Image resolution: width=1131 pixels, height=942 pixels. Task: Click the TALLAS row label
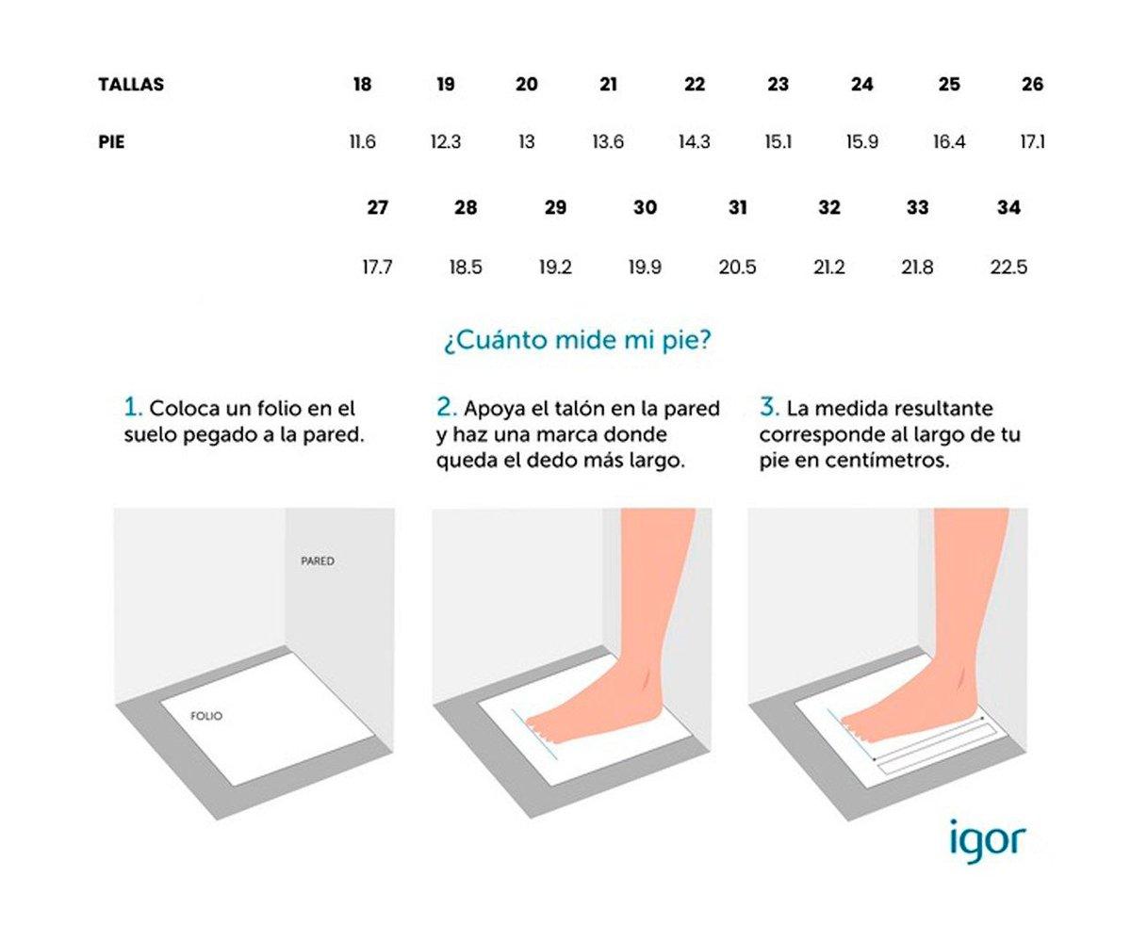coord(130,85)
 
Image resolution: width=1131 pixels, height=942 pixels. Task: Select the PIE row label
coord(111,143)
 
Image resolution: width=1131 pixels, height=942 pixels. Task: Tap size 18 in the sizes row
coord(362,85)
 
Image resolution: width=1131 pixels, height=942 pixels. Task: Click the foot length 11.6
coord(362,143)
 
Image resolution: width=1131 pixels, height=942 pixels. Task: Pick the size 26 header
coord(1032,85)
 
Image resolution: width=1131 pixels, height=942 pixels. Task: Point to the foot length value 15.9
coord(861,143)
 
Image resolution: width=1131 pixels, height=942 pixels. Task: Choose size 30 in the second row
coord(645,208)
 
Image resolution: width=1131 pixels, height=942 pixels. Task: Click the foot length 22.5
coord(1008,268)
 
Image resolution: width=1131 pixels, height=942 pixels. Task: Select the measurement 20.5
coord(737,268)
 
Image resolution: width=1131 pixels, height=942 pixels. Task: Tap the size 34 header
coord(1008,208)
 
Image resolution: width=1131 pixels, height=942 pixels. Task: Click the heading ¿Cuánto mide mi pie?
coord(577,340)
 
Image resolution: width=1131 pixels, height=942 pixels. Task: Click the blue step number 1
coord(132,408)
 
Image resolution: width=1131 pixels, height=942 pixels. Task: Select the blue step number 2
coord(446,408)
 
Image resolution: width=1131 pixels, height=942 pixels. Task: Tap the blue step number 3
coord(768,408)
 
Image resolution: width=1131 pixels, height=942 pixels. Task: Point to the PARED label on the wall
coord(318,561)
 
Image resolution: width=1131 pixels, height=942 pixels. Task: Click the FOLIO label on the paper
coord(206,716)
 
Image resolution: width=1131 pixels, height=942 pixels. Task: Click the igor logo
coord(986,838)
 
